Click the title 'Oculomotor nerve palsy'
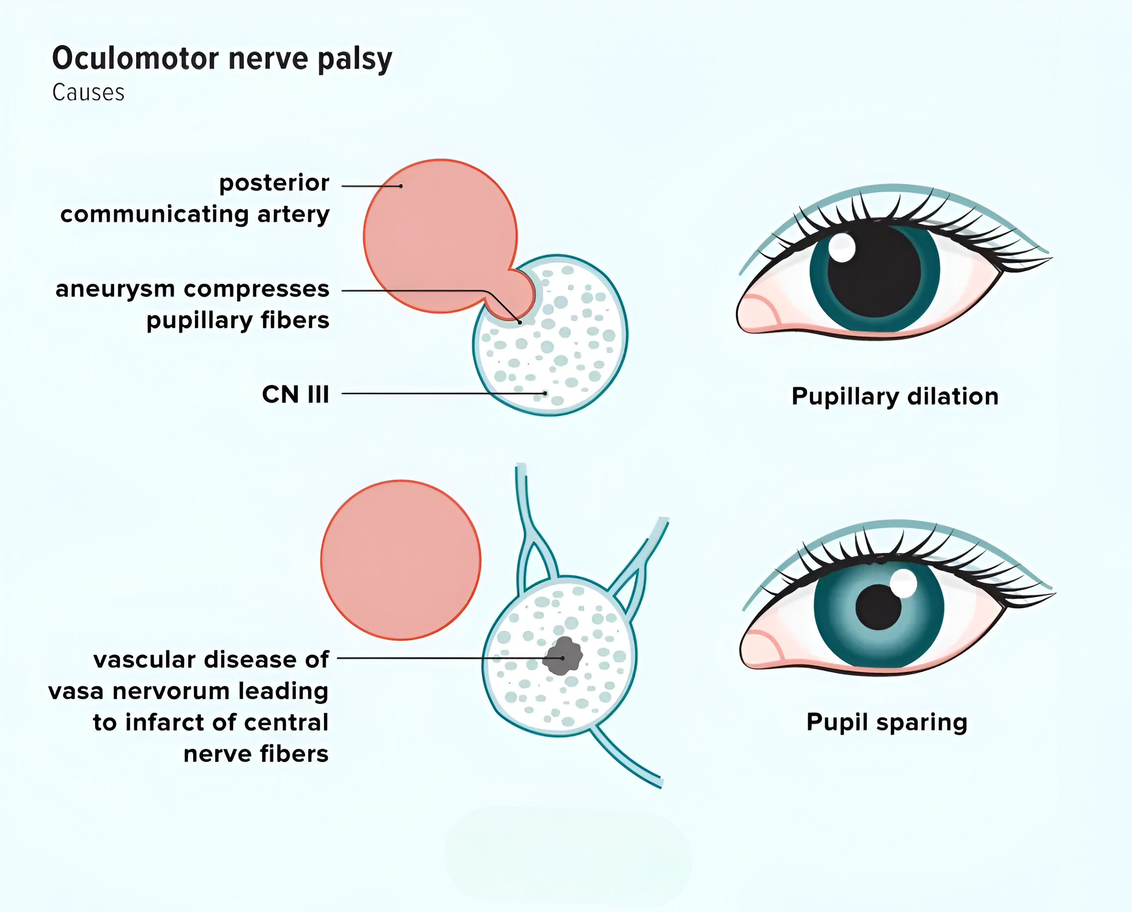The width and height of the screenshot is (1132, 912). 222,59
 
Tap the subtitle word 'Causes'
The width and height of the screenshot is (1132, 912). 88,93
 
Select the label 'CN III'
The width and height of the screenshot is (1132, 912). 295,394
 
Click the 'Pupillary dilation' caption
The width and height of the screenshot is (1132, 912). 895,397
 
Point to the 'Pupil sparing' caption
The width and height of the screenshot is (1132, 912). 886,722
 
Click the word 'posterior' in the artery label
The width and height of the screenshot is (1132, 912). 274,183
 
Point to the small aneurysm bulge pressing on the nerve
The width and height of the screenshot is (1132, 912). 513,294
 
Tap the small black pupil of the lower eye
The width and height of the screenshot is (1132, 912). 878,607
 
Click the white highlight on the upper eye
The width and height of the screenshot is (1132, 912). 841,247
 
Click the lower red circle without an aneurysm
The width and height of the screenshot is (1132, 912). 400,559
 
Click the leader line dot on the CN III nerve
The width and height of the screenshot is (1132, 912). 545,393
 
